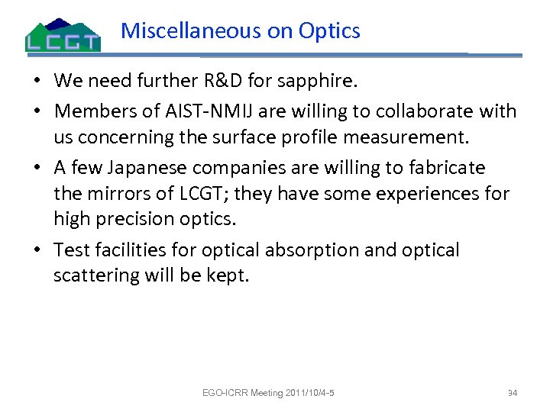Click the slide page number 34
click(x=513, y=394)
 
